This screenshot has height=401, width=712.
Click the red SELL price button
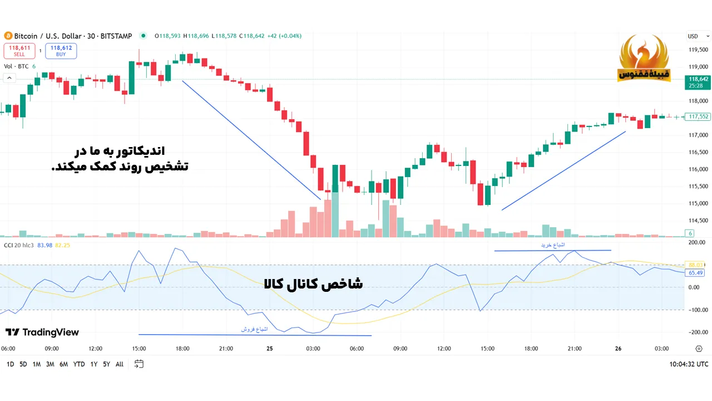pos(19,51)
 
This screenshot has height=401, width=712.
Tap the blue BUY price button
pos(61,51)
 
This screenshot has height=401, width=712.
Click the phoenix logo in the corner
pos(644,58)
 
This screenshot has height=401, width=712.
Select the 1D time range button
pos(10,364)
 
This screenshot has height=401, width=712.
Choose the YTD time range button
pos(79,364)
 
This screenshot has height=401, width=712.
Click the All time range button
pos(120,364)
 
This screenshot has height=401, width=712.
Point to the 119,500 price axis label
pos(698,50)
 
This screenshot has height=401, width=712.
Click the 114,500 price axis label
pos(698,220)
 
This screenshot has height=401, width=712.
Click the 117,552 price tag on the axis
pos(698,116)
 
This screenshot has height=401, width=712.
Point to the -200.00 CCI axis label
pos(697,332)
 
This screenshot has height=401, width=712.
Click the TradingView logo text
pos(42,332)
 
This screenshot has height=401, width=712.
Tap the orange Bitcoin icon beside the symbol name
pos(8,36)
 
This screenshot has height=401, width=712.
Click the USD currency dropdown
pos(695,36)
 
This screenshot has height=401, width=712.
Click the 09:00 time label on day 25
pos(400,349)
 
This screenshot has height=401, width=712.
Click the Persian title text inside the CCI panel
pos(313,283)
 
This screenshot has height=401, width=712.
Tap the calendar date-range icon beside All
pos(139,364)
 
